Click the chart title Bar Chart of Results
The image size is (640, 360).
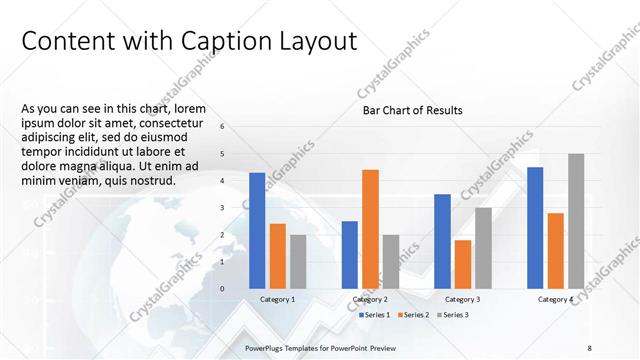click(x=412, y=110)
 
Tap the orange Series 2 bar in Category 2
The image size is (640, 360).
click(x=370, y=228)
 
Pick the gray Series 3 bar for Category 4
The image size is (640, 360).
click(x=576, y=220)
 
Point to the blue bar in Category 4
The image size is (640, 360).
click(x=535, y=227)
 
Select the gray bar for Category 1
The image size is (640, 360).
click(x=298, y=261)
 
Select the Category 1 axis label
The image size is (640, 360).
click(x=277, y=299)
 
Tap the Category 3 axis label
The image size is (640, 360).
click(x=463, y=299)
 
